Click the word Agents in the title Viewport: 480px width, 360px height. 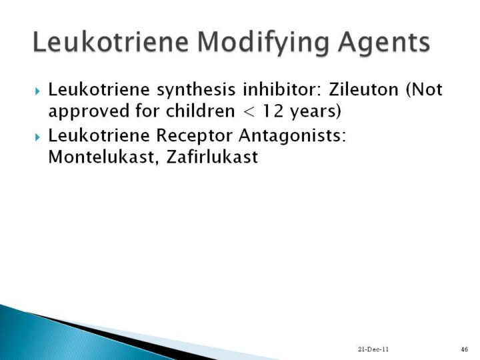pos(384,43)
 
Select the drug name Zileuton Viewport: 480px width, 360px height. pos(364,89)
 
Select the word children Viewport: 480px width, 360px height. pos(200,111)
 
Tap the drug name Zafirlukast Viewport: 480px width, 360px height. pos(212,157)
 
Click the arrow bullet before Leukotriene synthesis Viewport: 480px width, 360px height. pos(37,91)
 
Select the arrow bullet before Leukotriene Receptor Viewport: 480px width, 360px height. pos(37,137)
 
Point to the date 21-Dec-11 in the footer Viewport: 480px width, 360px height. pos(373,349)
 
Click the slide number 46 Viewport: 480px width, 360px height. pos(464,349)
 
